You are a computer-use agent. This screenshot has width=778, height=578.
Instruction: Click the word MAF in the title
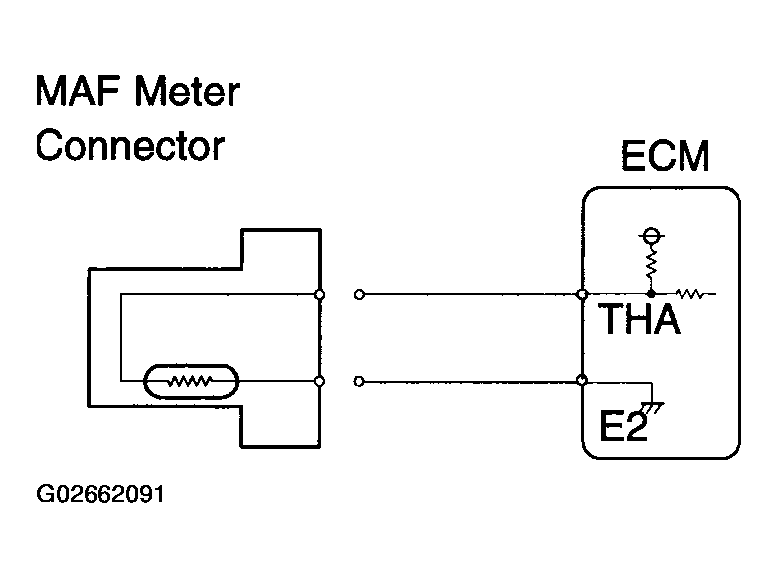coord(76,93)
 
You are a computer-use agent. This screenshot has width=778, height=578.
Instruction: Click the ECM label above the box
coord(665,156)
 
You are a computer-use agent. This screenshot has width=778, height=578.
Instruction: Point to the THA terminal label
coord(638,320)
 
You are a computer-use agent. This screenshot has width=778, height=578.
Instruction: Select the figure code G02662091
coord(98,493)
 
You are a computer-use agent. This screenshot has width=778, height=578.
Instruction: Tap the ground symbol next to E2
coord(654,407)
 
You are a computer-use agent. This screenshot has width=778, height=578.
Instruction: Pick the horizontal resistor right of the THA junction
coord(689,294)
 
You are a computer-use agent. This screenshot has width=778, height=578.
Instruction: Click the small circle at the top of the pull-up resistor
coord(652,236)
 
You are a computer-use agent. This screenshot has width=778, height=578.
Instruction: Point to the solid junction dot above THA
coord(652,294)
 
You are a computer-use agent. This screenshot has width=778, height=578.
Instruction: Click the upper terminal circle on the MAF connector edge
coord(319,294)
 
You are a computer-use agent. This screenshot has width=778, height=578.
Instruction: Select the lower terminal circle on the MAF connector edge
coord(319,380)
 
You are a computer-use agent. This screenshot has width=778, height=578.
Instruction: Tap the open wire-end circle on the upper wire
coord(359,294)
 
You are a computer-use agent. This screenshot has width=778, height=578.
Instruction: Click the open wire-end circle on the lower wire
coord(359,380)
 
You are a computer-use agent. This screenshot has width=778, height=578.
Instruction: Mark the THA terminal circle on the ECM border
coord(582,294)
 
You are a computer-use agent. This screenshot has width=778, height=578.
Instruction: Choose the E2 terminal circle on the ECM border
coord(582,380)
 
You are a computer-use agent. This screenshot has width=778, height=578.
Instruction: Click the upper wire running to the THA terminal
coord(468,294)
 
